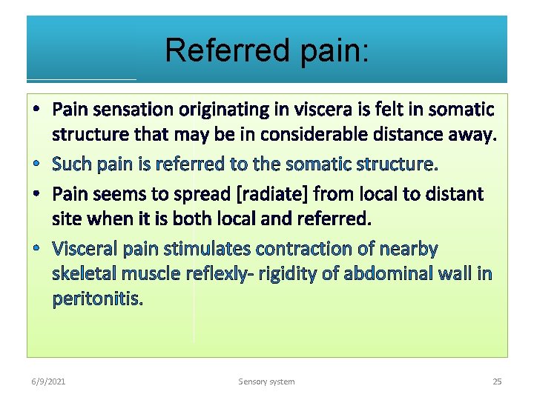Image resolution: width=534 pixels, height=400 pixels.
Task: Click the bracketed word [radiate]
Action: (272, 194)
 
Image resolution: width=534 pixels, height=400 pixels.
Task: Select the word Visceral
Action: (83, 248)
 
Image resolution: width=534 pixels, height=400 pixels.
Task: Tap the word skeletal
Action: (83, 274)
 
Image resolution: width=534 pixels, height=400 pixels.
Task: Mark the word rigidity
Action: (280, 274)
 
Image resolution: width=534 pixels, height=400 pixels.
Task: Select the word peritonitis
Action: (97, 300)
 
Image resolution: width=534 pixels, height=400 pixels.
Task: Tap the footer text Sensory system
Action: (266, 381)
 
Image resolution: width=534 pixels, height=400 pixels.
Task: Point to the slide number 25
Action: (497, 381)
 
